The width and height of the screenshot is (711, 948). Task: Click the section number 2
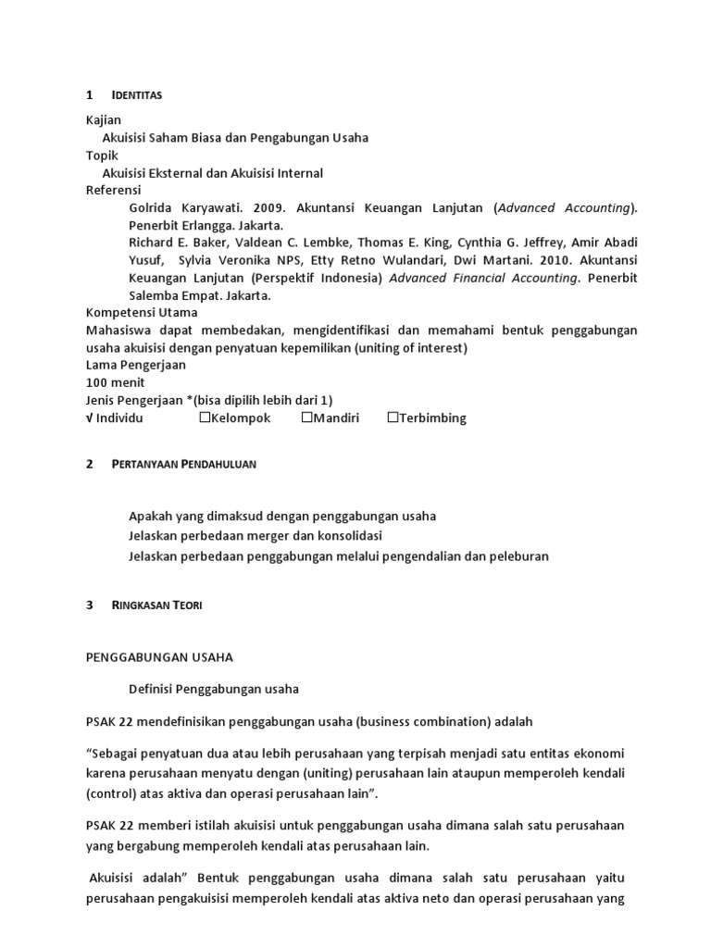[89, 465]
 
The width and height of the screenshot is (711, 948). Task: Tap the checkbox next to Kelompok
[206, 418]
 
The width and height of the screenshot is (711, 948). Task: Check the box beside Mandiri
[307, 418]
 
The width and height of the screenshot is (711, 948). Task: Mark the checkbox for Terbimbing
[393, 418]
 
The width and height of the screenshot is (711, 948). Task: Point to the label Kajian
[103, 120]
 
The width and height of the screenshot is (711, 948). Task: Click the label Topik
[102, 156]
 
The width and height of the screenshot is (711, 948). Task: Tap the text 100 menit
[115, 382]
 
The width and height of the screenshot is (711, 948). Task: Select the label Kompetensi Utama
[141, 313]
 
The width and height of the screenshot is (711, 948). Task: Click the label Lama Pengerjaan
[135, 365]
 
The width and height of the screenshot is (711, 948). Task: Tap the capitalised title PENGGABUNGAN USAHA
[159, 656]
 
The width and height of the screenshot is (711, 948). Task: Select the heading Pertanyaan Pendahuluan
[183, 465]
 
